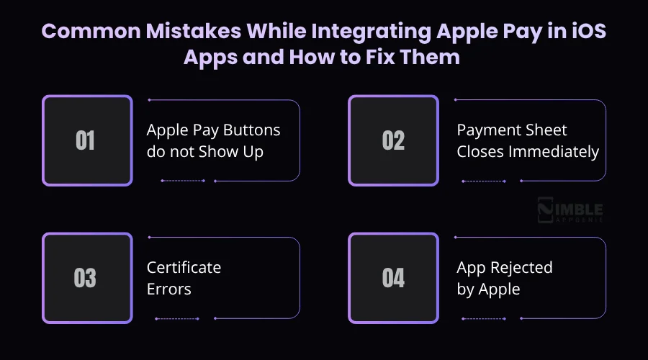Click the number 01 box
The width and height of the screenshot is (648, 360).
87,140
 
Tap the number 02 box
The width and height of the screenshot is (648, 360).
393,140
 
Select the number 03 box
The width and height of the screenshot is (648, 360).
87,278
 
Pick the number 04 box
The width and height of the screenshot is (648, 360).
393,278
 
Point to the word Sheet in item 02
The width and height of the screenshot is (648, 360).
546,130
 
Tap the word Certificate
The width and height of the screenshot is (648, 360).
184,268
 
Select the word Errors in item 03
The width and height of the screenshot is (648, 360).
169,289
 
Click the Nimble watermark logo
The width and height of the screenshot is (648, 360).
570,211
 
